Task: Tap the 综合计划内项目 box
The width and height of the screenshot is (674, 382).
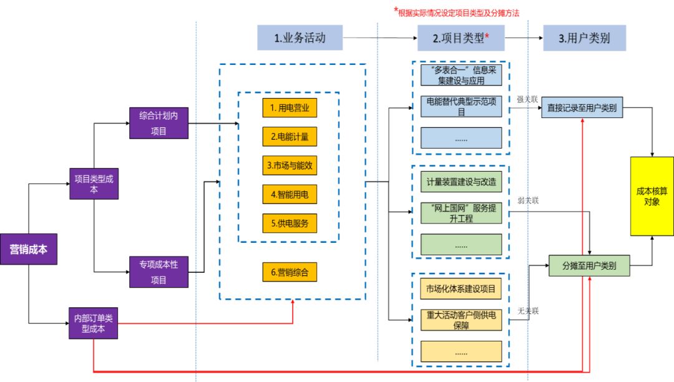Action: (158, 123)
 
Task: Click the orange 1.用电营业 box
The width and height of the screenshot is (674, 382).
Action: (290, 108)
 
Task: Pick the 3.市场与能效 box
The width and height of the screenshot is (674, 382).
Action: (290, 166)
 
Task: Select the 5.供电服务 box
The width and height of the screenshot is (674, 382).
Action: (290, 223)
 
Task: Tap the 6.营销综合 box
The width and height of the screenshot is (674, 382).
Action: (290, 272)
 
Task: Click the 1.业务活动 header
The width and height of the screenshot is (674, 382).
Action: (300, 37)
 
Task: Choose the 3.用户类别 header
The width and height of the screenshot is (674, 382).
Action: (584, 37)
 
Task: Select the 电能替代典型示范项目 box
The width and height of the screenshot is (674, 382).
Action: (461, 106)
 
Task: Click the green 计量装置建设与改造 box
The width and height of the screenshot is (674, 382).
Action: (461, 182)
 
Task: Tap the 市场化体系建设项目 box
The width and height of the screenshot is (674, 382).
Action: (461, 288)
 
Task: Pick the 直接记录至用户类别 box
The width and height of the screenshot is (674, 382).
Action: (582, 107)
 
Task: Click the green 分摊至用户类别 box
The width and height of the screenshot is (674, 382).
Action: (589, 266)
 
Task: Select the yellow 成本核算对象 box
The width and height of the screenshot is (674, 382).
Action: (652, 196)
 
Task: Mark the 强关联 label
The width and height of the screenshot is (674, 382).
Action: (527, 99)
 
